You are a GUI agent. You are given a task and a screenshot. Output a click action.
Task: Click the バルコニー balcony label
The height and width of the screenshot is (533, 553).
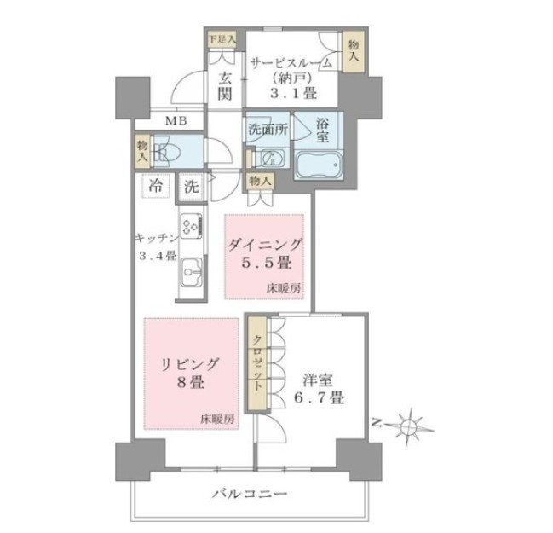pyautogui.click(x=250, y=493)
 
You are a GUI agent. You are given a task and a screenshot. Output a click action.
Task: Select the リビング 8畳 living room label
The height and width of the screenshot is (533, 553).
pyautogui.click(x=191, y=374)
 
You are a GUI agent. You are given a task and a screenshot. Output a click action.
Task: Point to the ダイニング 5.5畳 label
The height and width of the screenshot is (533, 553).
pyautogui.click(x=265, y=253)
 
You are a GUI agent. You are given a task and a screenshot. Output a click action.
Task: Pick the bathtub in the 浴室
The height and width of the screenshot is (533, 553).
pyautogui.click(x=320, y=165)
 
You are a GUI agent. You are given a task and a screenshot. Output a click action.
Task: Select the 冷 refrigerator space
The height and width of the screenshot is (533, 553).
pyautogui.click(x=156, y=186)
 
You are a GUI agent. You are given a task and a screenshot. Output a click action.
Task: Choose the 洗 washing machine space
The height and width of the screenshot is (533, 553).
pyautogui.click(x=192, y=187)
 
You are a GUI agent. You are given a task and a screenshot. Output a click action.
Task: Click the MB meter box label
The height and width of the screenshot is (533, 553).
pyautogui.click(x=176, y=121)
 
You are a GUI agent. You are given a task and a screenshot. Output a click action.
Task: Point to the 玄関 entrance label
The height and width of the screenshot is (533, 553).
pyautogui.click(x=225, y=86)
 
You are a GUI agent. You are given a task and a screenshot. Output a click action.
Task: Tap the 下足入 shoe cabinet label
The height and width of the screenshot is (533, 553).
pyautogui.click(x=222, y=39)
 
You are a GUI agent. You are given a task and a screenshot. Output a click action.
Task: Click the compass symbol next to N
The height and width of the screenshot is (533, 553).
pyautogui.click(x=410, y=427)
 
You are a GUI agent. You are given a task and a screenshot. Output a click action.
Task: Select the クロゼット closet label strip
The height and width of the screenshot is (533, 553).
pyautogui.click(x=257, y=363)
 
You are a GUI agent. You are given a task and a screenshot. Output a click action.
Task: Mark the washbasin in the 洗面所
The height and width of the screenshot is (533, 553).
pyautogui.click(x=272, y=158)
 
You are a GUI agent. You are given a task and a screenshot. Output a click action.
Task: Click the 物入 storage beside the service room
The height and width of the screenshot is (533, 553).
pyautogui.click(x=354, y=52)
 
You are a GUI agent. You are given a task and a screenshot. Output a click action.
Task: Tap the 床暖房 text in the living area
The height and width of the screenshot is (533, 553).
pyautogui.click(x=217, y=420)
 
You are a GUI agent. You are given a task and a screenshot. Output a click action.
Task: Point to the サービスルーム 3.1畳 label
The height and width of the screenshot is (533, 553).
pyautogui.click(x=291, y=78)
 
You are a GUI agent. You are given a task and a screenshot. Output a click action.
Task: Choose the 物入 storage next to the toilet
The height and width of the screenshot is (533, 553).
pyautogui.click(x=142, y=152)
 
